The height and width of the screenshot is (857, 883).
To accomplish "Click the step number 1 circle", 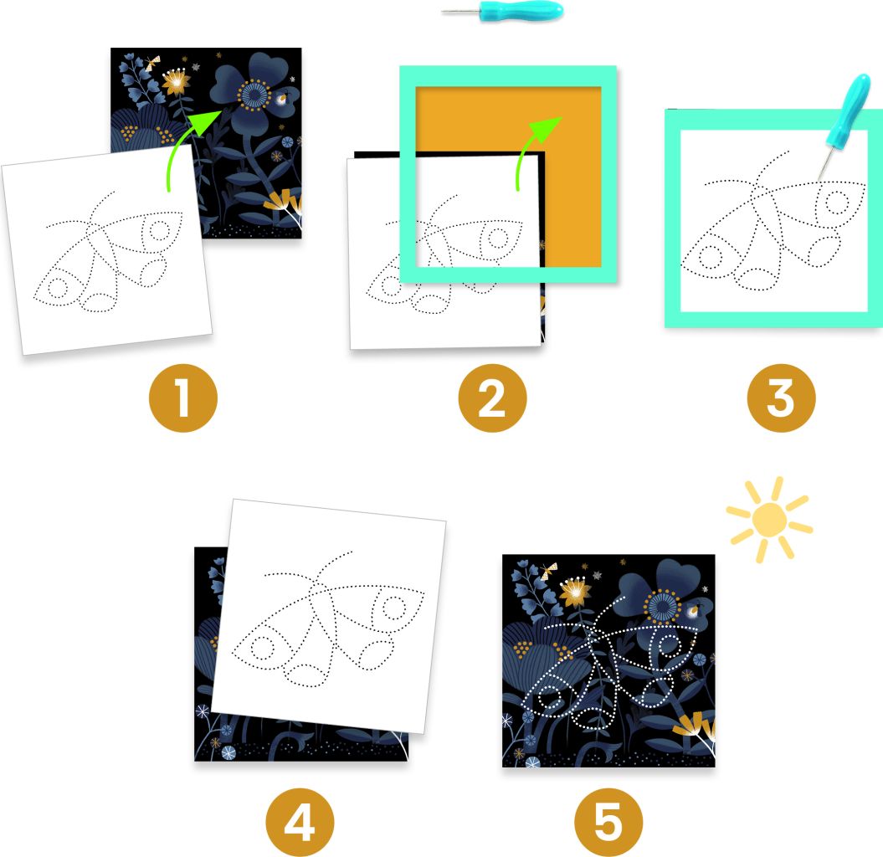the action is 183,398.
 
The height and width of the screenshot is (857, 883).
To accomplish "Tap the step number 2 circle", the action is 492,398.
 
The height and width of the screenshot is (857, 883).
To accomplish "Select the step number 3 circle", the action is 781,398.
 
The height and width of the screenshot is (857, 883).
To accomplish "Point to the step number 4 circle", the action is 300,822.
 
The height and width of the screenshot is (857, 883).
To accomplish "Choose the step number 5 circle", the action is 608,822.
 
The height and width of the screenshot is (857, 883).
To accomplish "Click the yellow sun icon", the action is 769,519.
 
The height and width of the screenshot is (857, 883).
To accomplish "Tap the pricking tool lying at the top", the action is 502,11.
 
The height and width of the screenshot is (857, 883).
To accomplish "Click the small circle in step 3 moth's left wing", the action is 711,257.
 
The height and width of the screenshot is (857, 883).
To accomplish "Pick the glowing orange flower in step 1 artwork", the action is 177,82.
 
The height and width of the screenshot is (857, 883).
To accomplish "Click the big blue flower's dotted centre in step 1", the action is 254,95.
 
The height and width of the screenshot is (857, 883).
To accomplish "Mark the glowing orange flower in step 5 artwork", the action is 575,591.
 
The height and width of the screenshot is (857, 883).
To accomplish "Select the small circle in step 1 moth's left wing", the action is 57,288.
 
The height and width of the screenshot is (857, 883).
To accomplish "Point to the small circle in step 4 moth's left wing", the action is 262,647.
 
